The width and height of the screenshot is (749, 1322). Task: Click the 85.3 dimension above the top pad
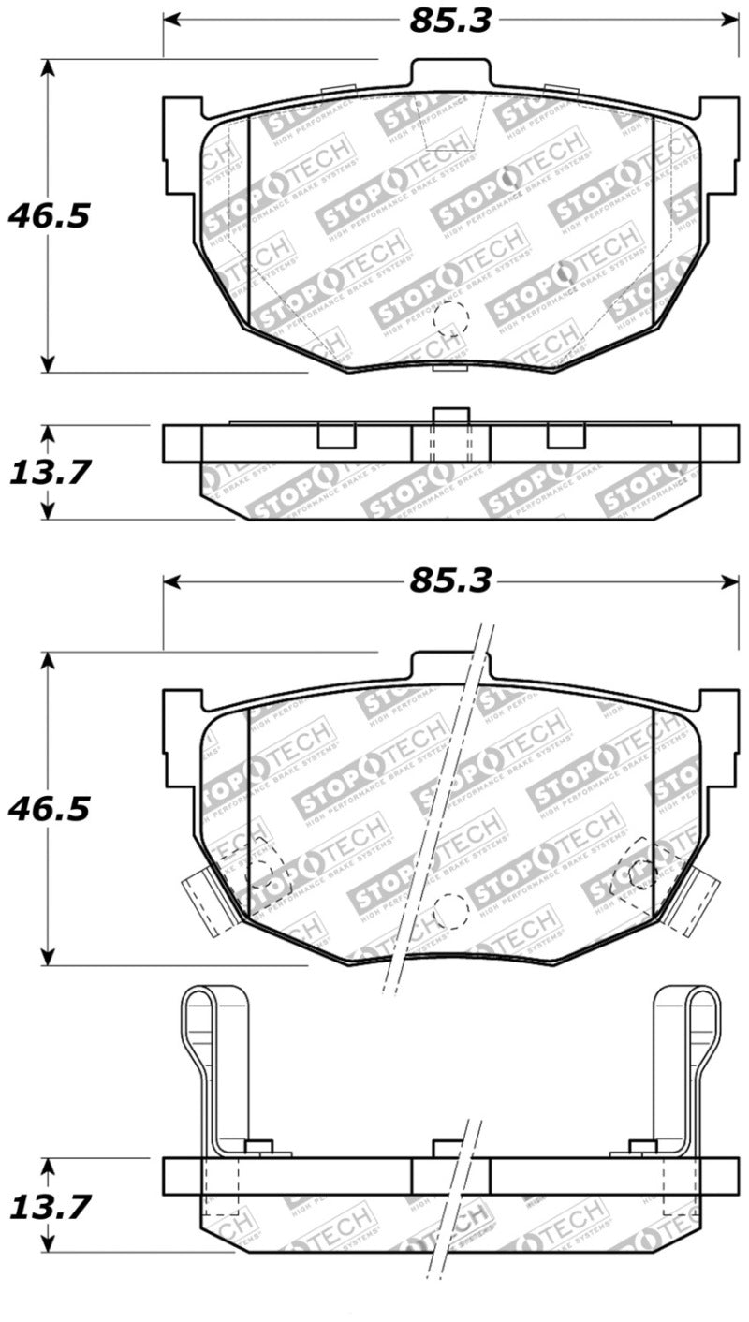point(449,21)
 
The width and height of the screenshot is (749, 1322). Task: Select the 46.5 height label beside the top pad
point(49,216)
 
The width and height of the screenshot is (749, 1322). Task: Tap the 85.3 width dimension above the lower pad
point(449,581)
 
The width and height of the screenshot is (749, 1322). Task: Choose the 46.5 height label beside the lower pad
point(49,807)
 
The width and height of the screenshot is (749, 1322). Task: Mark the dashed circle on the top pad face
point(450,319)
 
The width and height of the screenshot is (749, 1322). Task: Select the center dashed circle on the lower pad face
point(450,909)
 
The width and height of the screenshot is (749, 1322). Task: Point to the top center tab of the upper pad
point(450,75)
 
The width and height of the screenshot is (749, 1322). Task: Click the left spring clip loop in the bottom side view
point(198,1030)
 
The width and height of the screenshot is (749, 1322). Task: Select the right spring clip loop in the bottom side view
point(703,1030)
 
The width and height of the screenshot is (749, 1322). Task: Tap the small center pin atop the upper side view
point(450,417)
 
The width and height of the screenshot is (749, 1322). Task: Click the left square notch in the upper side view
point(336,436)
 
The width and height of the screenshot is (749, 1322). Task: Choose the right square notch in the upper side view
point(565,436)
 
